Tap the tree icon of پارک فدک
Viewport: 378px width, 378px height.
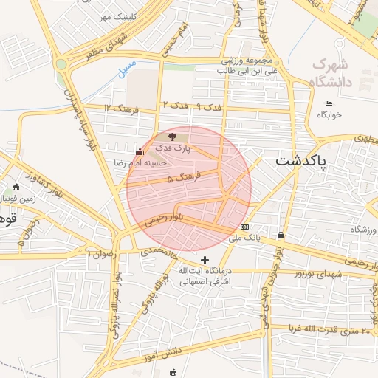tap(173, 137)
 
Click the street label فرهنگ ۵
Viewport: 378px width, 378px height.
tap(181, 179)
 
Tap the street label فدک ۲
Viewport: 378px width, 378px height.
tap(175, 105)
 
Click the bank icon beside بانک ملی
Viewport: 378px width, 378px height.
tap(245, 227)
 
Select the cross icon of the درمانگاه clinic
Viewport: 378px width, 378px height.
tap(205, 259)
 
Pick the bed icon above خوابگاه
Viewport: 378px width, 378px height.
tap(329, 103)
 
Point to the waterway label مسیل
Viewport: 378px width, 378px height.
tap(127, 65)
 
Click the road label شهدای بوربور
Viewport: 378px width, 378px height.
tap(317, 272)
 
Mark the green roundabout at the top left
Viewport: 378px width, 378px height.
tap(61, 64)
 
